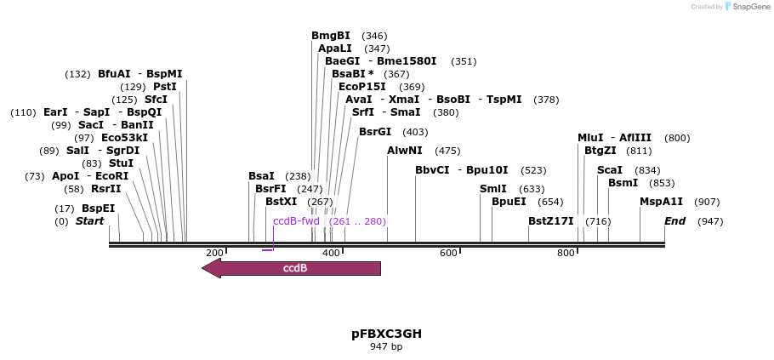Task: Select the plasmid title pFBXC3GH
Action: click(386, 333)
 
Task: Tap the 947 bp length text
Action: click(386, 346)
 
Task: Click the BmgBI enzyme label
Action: click(331, 36)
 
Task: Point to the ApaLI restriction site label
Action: click(335, 49)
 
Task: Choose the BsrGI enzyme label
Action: click(375, 132)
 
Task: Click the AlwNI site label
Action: click(404, 151)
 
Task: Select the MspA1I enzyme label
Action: click(661, 202)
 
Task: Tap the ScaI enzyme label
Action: click(610, 170)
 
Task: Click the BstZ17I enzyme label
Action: click(551, 221)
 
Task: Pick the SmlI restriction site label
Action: click(493, 189)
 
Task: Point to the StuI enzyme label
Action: click(121, 163)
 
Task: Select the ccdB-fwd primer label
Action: click(296, 221)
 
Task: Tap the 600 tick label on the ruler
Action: click(447, 253)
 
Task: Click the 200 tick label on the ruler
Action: click(214, 253)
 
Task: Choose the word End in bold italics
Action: click(675, 221)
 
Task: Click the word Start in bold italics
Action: click(89, 221)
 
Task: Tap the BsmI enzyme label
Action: click(623, 183)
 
